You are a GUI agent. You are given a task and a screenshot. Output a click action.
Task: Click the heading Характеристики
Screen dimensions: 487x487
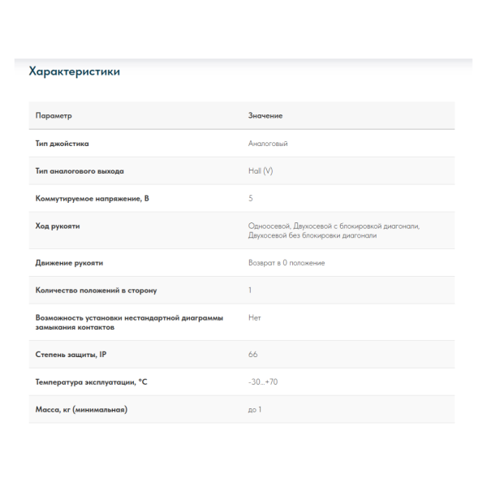pyautogui.click(x=74, y=72)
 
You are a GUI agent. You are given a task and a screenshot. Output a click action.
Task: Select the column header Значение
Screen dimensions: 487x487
pyautogui.click(x=265, y=116)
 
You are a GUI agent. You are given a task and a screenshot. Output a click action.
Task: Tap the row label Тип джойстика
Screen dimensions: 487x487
pyautogui.click(x=62, y=144)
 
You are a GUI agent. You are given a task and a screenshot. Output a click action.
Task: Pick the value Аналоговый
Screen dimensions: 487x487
pyautogui.click(x=268, y=144)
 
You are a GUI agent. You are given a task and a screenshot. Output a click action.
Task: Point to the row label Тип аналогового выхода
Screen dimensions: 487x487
pyautogui.click(x=80, y=171)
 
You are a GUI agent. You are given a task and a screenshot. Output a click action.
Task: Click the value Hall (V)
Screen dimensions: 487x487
pyautogui.click(x=261, y=171)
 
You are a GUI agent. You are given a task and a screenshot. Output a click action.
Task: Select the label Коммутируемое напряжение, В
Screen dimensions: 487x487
pyautogui.click(x=93, y=198)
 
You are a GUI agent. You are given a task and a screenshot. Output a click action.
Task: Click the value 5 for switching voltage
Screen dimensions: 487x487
pyautogui.click(x=250, y=198)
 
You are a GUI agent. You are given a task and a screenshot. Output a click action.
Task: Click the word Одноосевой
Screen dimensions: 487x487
pyautogui.click(x=268, y=226)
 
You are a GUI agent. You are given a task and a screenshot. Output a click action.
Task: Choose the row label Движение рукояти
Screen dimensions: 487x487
pyautogui.click(x=69, y=263)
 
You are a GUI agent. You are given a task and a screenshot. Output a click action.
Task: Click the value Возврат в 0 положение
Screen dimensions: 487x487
pyautogui.click(x=287, y=263)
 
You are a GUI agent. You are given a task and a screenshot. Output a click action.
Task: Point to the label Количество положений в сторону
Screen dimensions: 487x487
pyautogui.click(x=96, y=290)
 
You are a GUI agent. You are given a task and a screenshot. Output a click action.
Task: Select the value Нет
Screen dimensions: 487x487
pyautogui.click(x=255, y=317)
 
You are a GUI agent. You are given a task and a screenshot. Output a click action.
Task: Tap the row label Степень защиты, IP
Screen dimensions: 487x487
pyautogui.click(x=71, y=355)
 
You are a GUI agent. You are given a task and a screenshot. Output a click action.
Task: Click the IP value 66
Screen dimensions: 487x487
pyautogui.click(x=252, y=355)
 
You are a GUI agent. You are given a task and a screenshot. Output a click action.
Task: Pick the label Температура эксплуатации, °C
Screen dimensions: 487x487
pyautogui.click(x=92, y=381)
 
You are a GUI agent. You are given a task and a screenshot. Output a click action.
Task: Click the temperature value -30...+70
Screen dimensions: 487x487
pyautogui.click(x=263, y=381)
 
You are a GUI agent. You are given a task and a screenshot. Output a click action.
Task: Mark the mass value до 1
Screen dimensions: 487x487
pyautogui.click(x=255, y=409)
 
